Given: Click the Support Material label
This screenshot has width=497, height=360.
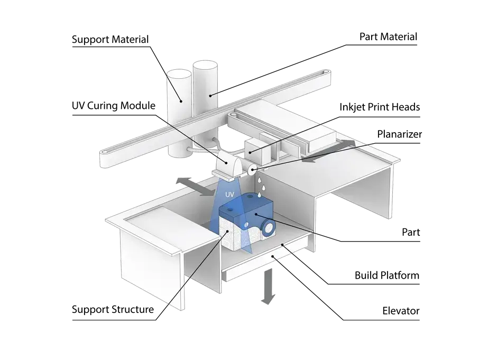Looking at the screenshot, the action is [x=110, y=39].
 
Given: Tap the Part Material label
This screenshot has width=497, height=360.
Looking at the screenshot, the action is [x=388, y=37].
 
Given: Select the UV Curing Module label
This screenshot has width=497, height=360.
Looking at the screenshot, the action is [x=114, y=106].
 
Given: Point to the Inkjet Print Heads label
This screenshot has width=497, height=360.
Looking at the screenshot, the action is [x=380, y=107].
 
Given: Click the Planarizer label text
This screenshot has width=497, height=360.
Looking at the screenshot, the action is [x=399, y=134].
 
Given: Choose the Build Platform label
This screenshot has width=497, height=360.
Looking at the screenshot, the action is [x=386, y=275].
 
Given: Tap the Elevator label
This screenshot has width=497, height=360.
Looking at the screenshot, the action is [x=401, y=311].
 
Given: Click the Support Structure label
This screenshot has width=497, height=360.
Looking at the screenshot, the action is [x=113, y=309].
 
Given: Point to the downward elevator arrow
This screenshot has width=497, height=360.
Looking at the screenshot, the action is [x=269, y=287].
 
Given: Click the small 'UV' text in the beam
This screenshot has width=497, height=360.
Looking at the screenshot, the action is [x=229, y=194].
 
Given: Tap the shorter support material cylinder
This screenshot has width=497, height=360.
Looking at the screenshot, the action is [x=179, y=113].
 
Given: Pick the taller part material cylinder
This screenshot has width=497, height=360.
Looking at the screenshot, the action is [x=205, y=105].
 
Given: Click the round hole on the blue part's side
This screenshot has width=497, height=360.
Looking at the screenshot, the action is [x=269, y=228].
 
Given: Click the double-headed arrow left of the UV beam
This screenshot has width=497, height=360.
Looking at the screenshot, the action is [x=196, y=186].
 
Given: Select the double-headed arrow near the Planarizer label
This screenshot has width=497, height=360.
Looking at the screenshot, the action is [x=328, y=152].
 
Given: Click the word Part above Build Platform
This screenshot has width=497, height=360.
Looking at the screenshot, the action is [x=410, y=232].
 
